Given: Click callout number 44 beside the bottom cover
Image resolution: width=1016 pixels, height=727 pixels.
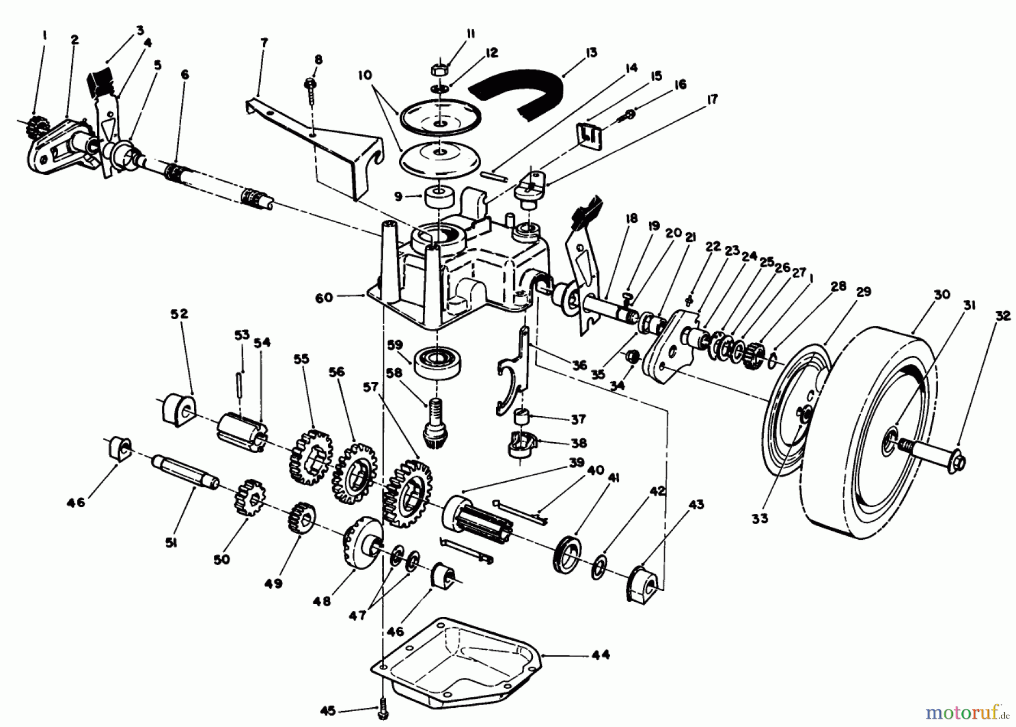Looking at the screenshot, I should pyautogui.click(x=601, y=655).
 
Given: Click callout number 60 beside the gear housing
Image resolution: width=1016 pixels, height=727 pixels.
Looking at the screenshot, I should pyautogui.click(x=323, y=297).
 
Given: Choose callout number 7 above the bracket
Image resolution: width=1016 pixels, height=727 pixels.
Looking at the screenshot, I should pyautogui.click(x=264, y=43).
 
